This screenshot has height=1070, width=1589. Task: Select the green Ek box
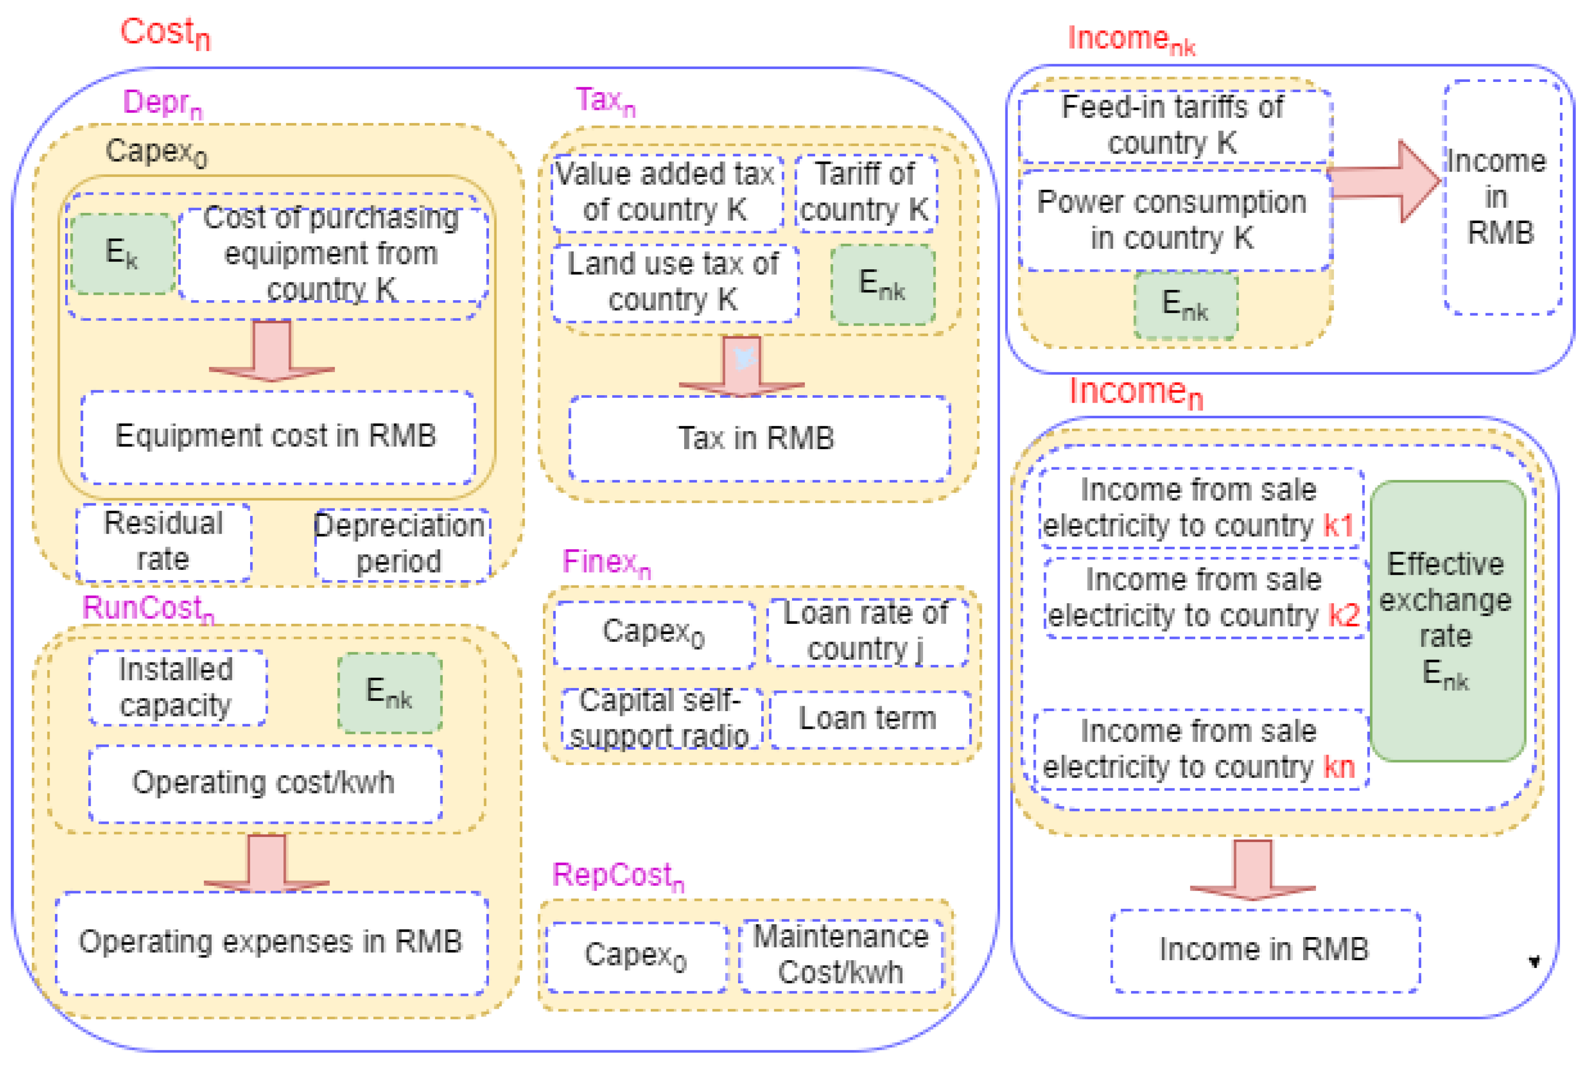pyautogui.click(x=123, y=253)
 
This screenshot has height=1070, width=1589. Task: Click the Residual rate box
pyautogui.click(x=164, y=542)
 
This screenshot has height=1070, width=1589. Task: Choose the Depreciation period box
pyautogui.click(x=401, y=544)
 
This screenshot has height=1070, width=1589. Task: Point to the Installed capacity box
pyautogui.click(x=177, y=687)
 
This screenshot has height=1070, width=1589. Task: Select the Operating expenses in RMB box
pyautogui.click(x=271, y=943)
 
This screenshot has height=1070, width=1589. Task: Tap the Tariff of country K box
pyautogui.click(x=865, y=192)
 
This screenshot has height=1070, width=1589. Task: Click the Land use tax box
pyautogui.click(x=673, y=282)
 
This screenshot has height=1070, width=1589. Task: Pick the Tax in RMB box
pyautogui.click(x=757, y=438)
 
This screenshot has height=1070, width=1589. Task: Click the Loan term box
pyautogui.click(x=869, y=718)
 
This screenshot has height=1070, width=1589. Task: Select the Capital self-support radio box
pyautogui.click(x=660, y=718)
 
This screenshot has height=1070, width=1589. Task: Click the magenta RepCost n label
pyautogui.click(x=617, y=875)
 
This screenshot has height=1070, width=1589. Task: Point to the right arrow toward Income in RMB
pyautogui.click(x=1385, y=182)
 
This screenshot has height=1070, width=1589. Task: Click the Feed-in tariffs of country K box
pyautogui.click(x=1174, y=126)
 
